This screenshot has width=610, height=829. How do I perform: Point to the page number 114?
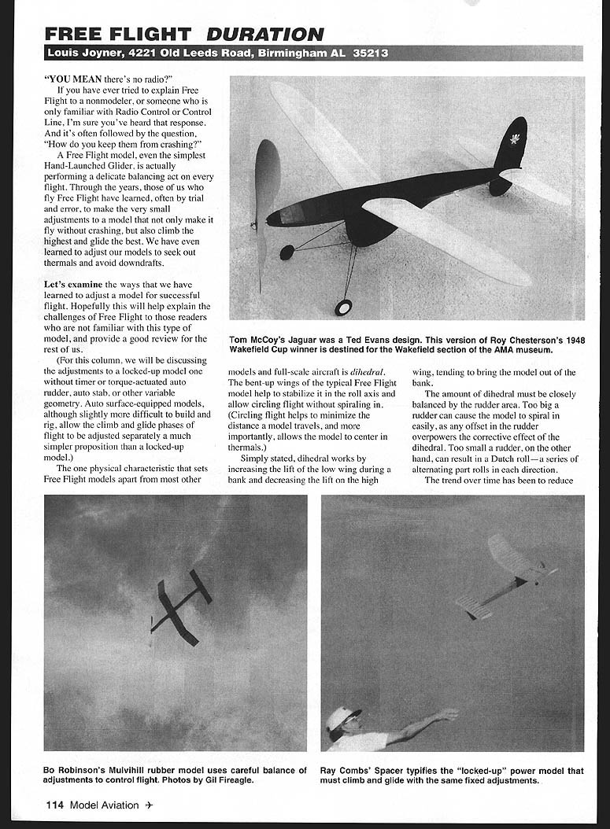pos(54,805)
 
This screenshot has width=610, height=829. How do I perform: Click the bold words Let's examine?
pos(72,284)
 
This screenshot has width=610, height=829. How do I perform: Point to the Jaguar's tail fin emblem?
pos(514,140)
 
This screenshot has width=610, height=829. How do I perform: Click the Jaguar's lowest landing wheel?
pos(343,307)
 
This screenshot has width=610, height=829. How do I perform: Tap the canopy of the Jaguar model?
pos(293,212)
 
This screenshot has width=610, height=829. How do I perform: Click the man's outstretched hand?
pos(448,714)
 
